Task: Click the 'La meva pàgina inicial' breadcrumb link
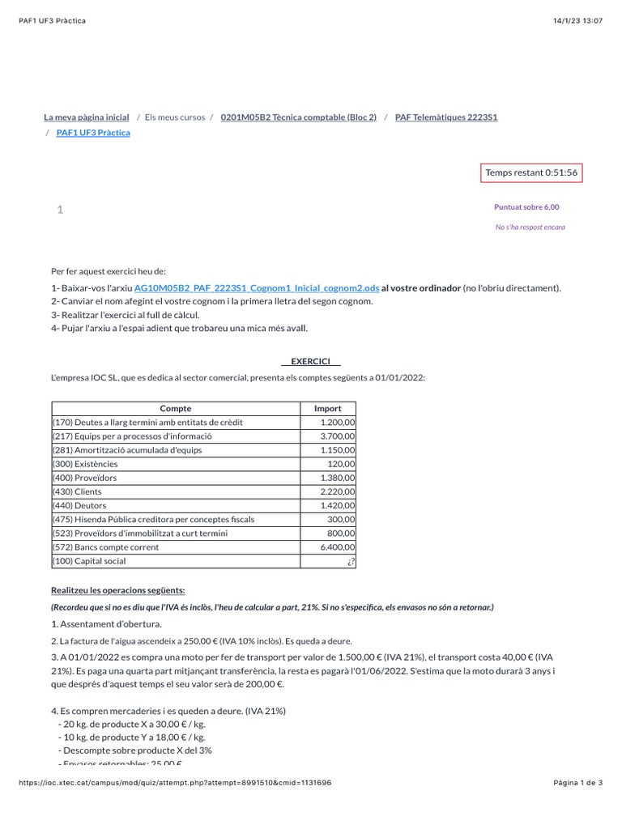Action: click(86, 117)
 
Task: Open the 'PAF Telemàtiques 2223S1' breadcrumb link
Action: click(446, 117)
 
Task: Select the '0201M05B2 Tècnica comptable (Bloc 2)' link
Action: click(298, 117)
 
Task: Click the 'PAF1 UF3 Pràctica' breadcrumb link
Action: click(93, 133)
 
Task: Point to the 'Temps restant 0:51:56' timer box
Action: click(531, 172)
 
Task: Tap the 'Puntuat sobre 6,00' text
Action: click(527, 207)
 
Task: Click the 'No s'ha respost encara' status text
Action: click(530, 227)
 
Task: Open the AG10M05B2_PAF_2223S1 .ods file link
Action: click(257, 288)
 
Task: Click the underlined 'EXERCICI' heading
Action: click(310, 361)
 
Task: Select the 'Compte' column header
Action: click(176, 409)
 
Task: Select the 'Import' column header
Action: click(327, 409)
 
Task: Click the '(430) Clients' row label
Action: click(78, 491)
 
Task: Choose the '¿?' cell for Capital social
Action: click(349, 561)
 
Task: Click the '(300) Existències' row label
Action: click(85, 464)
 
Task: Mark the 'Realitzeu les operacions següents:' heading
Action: click(117, 590)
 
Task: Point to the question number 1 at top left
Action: click(60, 210)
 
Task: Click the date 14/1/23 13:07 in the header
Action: click(578, 21)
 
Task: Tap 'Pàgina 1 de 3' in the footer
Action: click(577, 783)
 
